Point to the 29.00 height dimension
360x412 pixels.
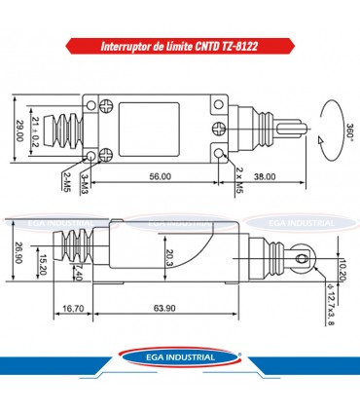[20, 131]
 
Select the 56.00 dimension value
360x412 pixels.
[161, 176]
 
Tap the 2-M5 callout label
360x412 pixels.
[66, 180]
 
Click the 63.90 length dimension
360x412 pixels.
[165, 309]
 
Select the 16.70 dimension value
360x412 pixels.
[70, 309]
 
